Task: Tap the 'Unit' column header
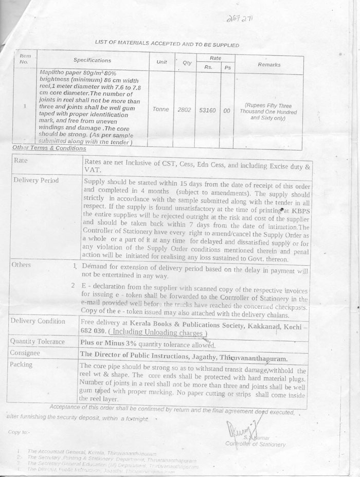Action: (x=161, y=62)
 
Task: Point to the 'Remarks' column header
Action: (x=269, y=65)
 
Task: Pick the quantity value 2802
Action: (x=184, y=110)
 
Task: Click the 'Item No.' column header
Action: (x=25, y=59)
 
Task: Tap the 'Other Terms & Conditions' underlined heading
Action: (x=49, y=148)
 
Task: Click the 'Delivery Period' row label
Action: (x=36, y=181)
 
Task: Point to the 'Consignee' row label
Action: (x=29, y=354)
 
